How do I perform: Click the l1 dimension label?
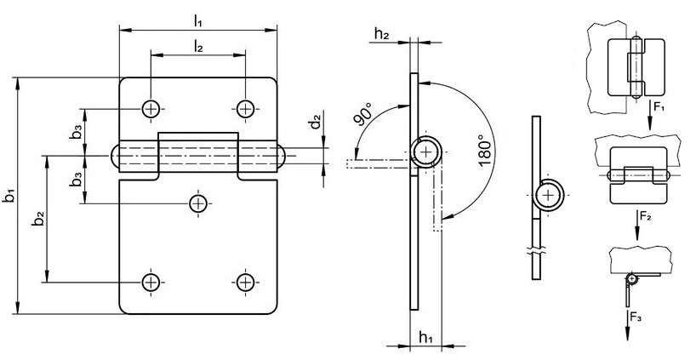pyautogui.click(x=198, y=21)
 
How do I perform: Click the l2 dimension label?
pyautogui.click(x=198, y=46)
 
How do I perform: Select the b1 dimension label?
pyautogui.click(x=9, y=196)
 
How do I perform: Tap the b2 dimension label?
pyautogui.click(x=39, y=219)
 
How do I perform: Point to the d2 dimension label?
pyautogui.click(x=315, y=121)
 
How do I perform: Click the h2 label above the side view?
pyautogui.click(x=382, y=33)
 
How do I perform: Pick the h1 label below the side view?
pyautogui.click(x=426, y=338)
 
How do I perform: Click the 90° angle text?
pyautogui.click(x=364, y=114)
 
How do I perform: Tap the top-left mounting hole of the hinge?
pyautogui.click(x=151, y=109)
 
